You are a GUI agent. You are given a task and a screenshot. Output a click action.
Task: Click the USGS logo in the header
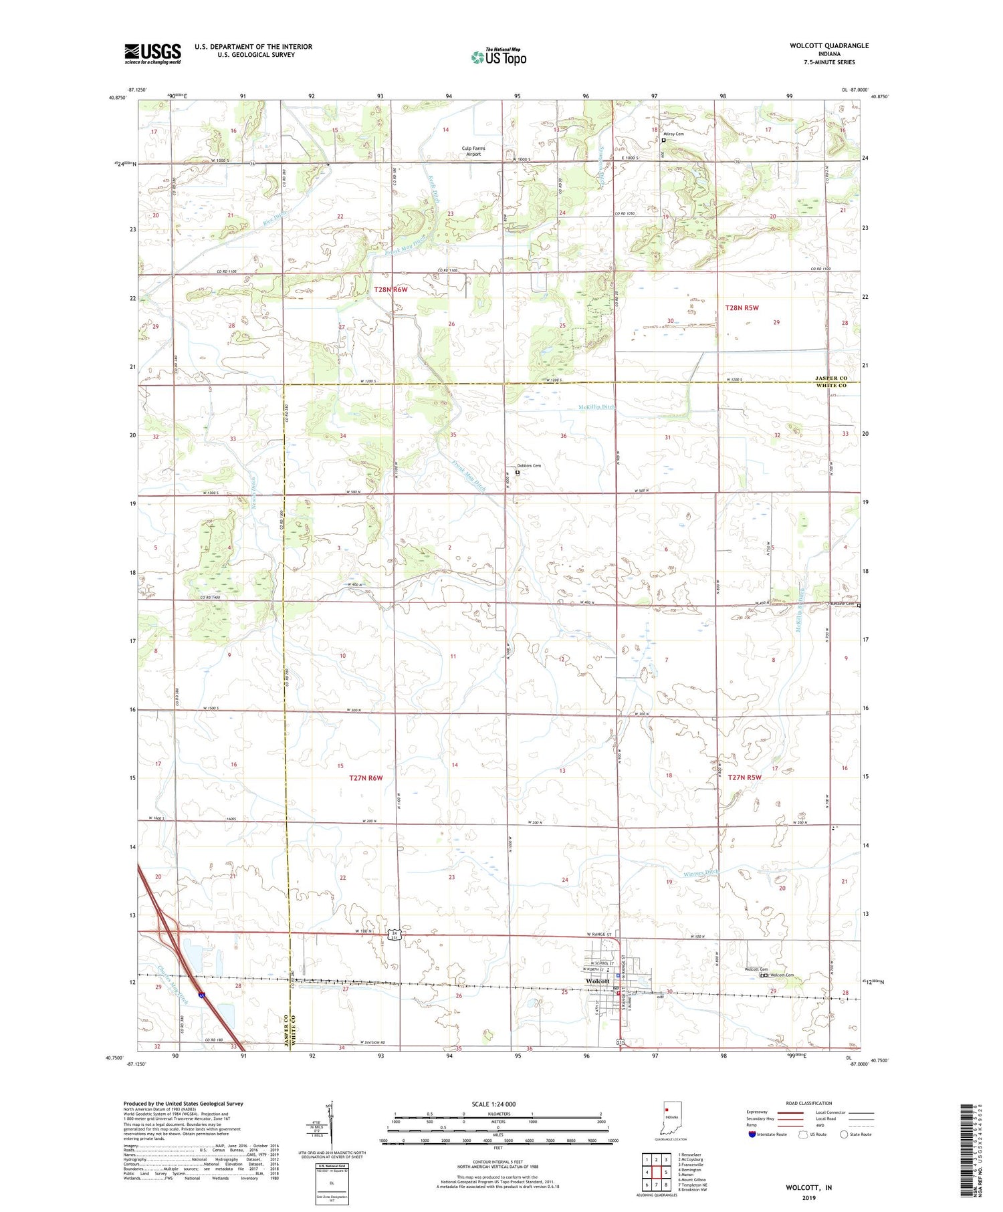point(152,53)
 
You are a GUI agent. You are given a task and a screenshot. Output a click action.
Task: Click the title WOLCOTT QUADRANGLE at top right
point(829,45)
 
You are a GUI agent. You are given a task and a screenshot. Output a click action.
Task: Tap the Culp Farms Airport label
point(473,151)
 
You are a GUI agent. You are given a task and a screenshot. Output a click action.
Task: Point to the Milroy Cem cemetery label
point(674,134)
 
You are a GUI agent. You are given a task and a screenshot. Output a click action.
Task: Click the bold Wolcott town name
point(597,981)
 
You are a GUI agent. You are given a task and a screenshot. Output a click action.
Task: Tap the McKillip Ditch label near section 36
point(596,406)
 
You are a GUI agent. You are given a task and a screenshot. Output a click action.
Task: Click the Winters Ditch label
point(702,873)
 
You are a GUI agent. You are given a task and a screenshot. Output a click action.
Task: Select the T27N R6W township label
point(366,777)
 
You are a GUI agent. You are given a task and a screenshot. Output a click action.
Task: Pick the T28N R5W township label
point(742,308)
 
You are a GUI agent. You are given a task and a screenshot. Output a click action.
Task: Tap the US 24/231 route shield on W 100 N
point(395,935)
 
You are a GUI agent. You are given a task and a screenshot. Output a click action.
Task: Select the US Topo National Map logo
point(498,57)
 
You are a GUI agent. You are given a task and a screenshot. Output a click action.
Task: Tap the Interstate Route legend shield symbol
point(753,1134)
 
